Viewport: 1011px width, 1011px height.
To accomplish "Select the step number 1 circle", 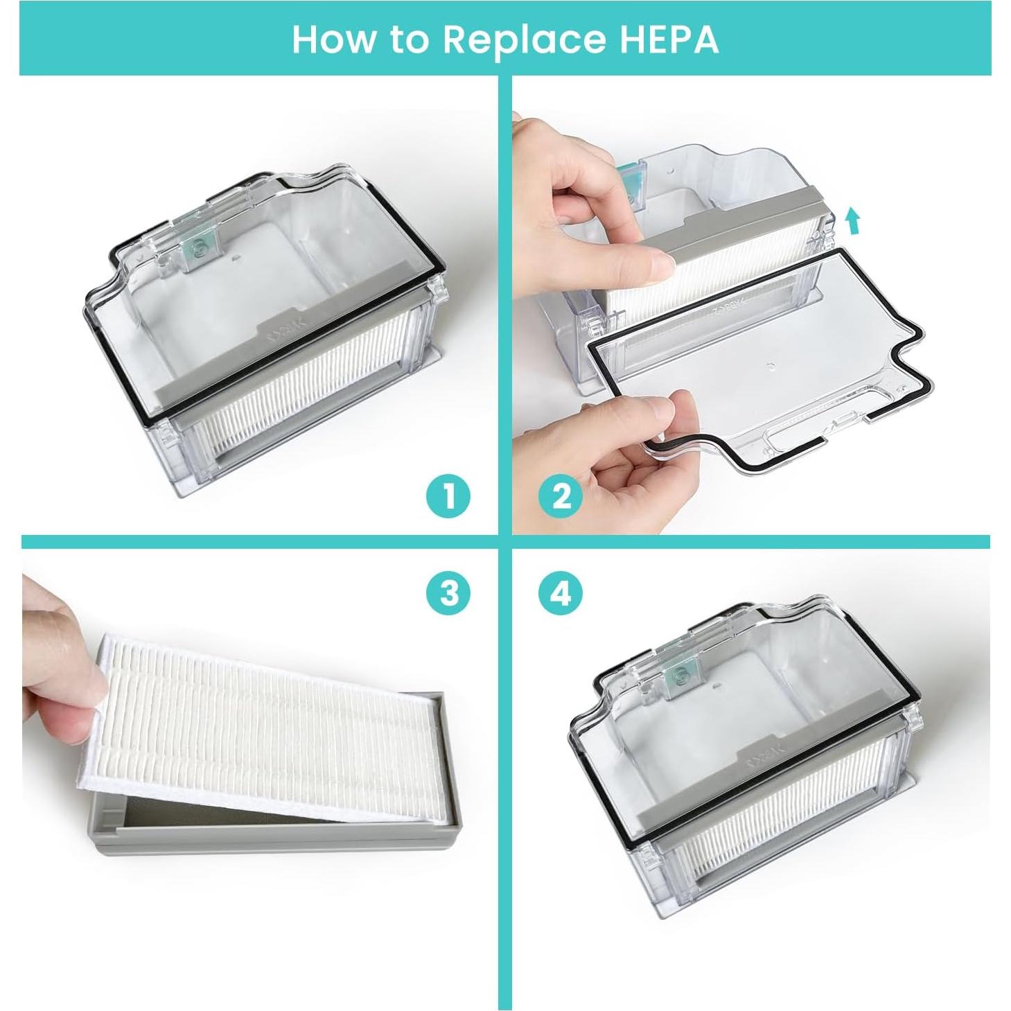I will coord(448,496).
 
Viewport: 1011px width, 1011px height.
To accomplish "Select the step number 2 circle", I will coord(561,496).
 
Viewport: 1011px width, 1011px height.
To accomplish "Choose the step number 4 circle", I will coord(561,592).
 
